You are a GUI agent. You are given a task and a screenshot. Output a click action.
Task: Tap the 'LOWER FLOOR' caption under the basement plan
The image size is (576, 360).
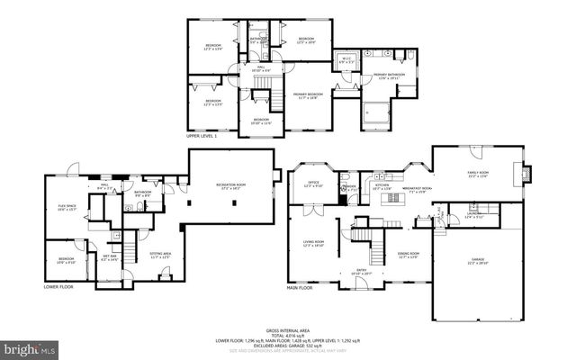click(x=58, y=287)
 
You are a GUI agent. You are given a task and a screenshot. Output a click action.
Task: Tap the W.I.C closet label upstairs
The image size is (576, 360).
click(x=346, y=59)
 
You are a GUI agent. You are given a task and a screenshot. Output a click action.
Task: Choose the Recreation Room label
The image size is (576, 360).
click(x=231, y=186)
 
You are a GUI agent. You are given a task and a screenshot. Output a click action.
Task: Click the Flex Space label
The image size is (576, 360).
click(x=66, y=206)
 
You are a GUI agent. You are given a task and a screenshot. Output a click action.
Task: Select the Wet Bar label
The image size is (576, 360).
click(x=110, y=256)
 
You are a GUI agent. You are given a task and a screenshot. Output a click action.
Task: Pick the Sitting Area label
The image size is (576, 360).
click(x=160, y=256)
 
